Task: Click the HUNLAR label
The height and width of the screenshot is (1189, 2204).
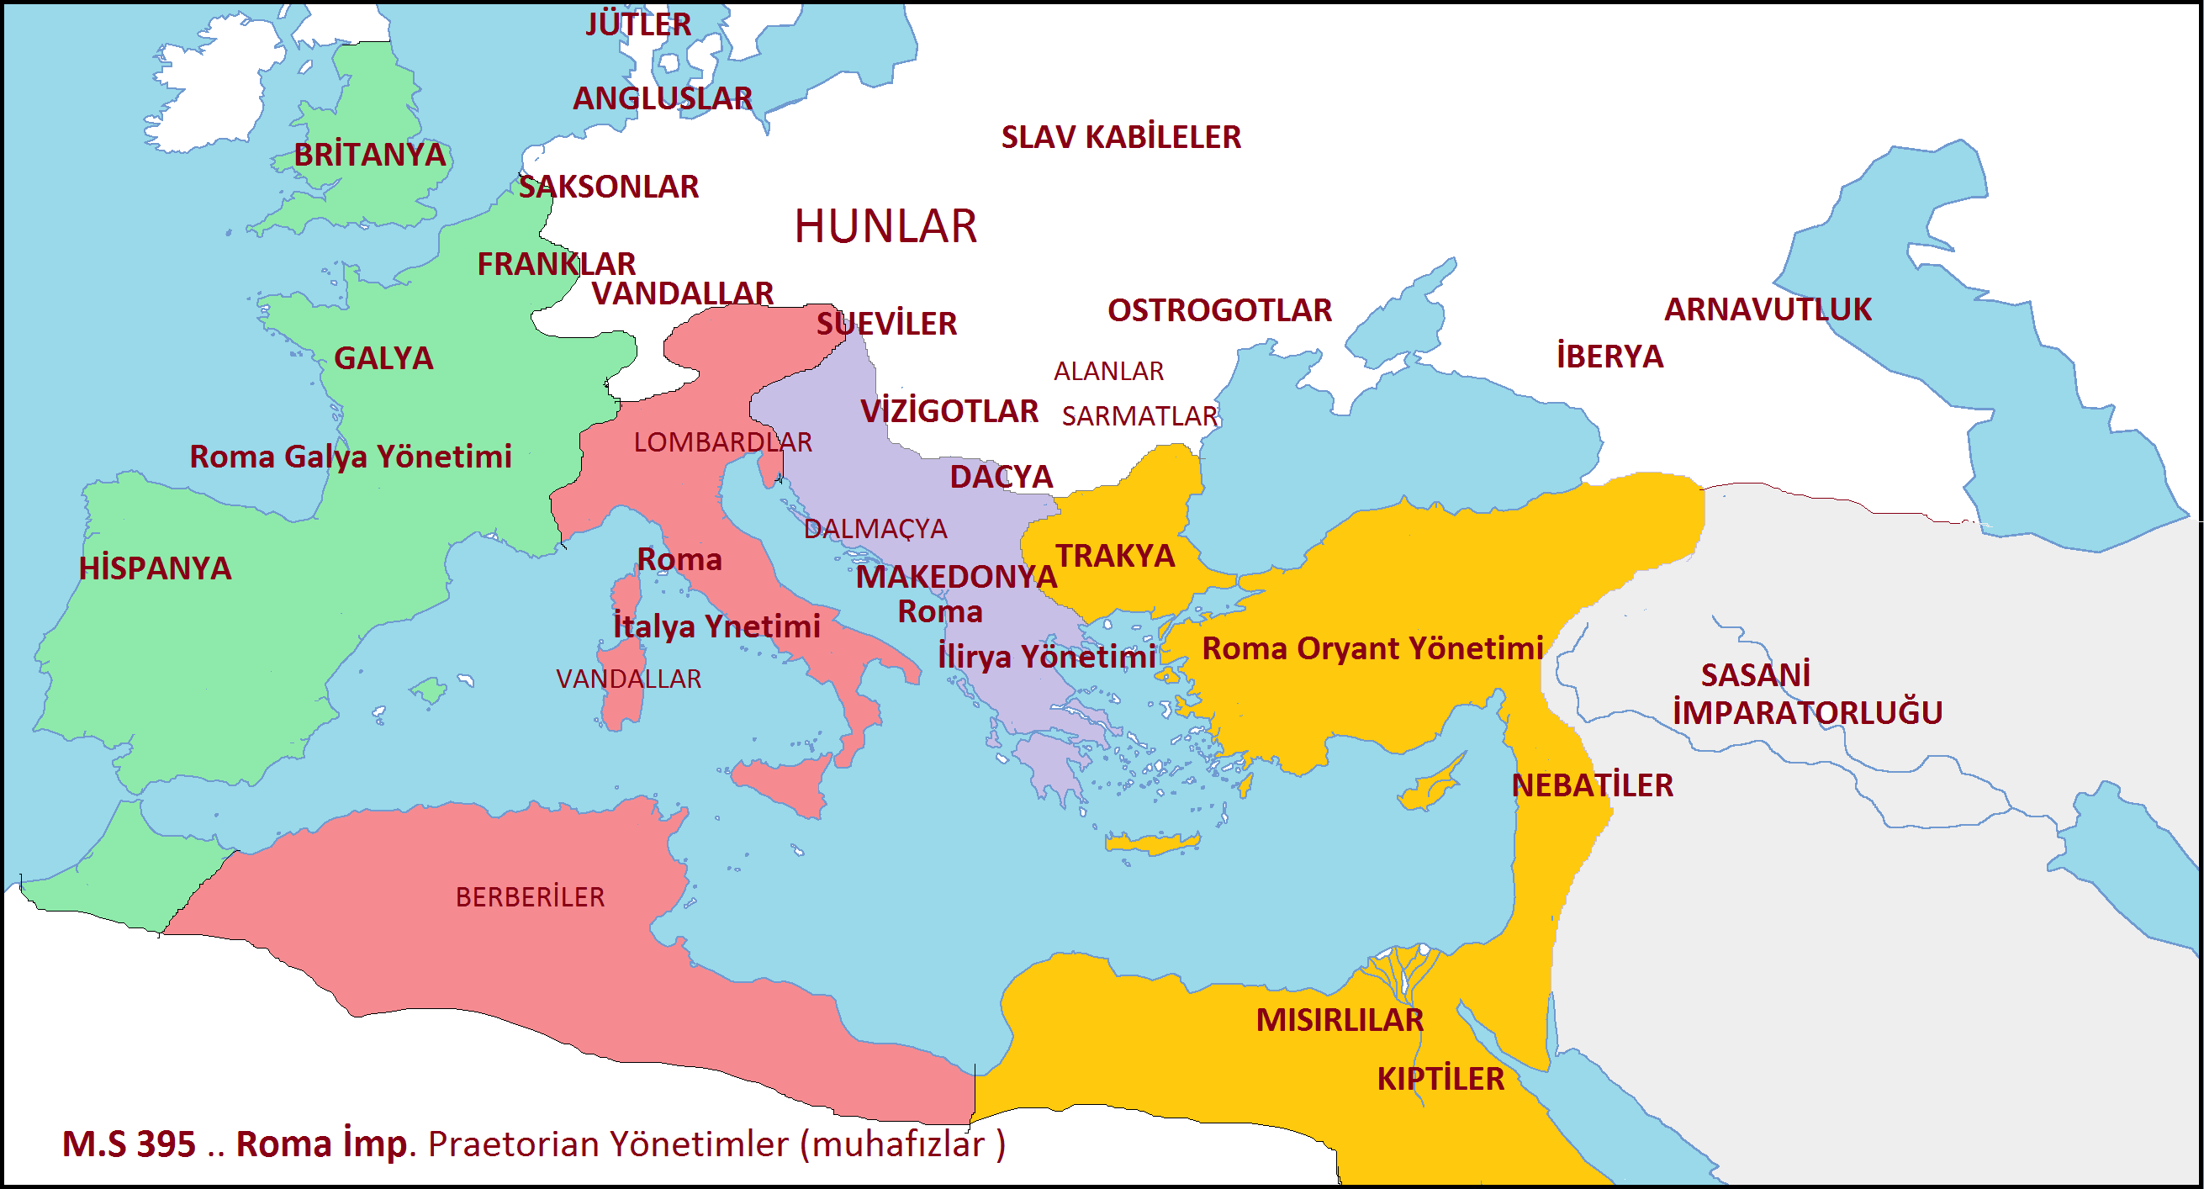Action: (x=885, y=227)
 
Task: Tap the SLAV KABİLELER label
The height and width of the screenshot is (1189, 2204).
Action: (x=1120, y=137)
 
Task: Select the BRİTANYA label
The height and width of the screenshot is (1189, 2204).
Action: (x=370, y=155)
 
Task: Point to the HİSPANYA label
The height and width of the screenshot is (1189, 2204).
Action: (x=155, y=568)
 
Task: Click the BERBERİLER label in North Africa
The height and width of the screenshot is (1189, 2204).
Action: (x=530, y=896)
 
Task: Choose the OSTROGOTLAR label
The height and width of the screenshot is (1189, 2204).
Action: (x=1218, y=309)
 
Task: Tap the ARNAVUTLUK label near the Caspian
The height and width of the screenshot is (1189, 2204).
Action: (x=1767, y=309)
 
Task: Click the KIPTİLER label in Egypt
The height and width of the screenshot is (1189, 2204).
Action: (x=1440, y=1079)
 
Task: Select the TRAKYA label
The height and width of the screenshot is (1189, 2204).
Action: (x=1114, y=555)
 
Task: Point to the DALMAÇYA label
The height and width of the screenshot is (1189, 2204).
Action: (x=875, y=529)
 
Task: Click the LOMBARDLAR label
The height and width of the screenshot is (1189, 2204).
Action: (x=722, y=441)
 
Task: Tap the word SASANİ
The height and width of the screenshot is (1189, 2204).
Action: (x=1755, y=675)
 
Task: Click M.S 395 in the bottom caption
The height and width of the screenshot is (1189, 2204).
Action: (x=129, y=1144)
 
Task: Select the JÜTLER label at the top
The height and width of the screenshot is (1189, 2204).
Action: (x=638, y=24)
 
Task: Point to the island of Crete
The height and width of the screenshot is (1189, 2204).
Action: (x=1150, y=843)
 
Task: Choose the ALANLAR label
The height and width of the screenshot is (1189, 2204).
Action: (x=1108, y=370)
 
